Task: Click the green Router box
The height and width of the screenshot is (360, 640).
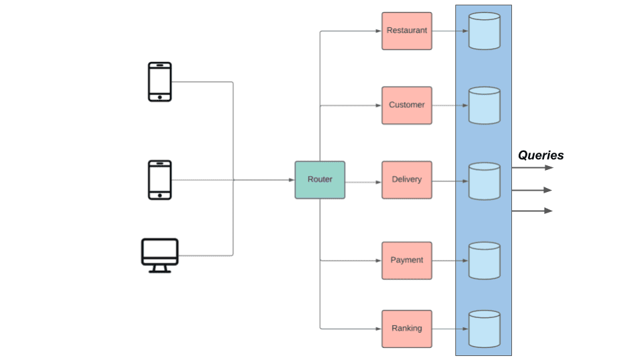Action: coord(320,179)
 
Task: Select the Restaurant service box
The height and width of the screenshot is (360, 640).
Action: coord(407,31)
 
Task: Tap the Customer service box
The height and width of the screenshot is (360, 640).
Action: coord(407,105)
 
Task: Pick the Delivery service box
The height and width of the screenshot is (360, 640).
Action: coord(407,179)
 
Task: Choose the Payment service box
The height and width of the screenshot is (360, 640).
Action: coord(407,260)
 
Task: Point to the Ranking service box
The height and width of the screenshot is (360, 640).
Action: coord(407,328)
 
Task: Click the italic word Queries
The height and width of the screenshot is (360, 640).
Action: coord(541,155)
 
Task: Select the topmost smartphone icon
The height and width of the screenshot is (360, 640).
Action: coord(159,82)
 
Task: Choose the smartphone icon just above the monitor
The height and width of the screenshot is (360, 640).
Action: coord(159,180)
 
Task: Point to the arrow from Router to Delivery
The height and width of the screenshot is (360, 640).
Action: coord(363,179)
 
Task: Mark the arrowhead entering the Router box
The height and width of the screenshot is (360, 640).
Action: coord(291,179)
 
